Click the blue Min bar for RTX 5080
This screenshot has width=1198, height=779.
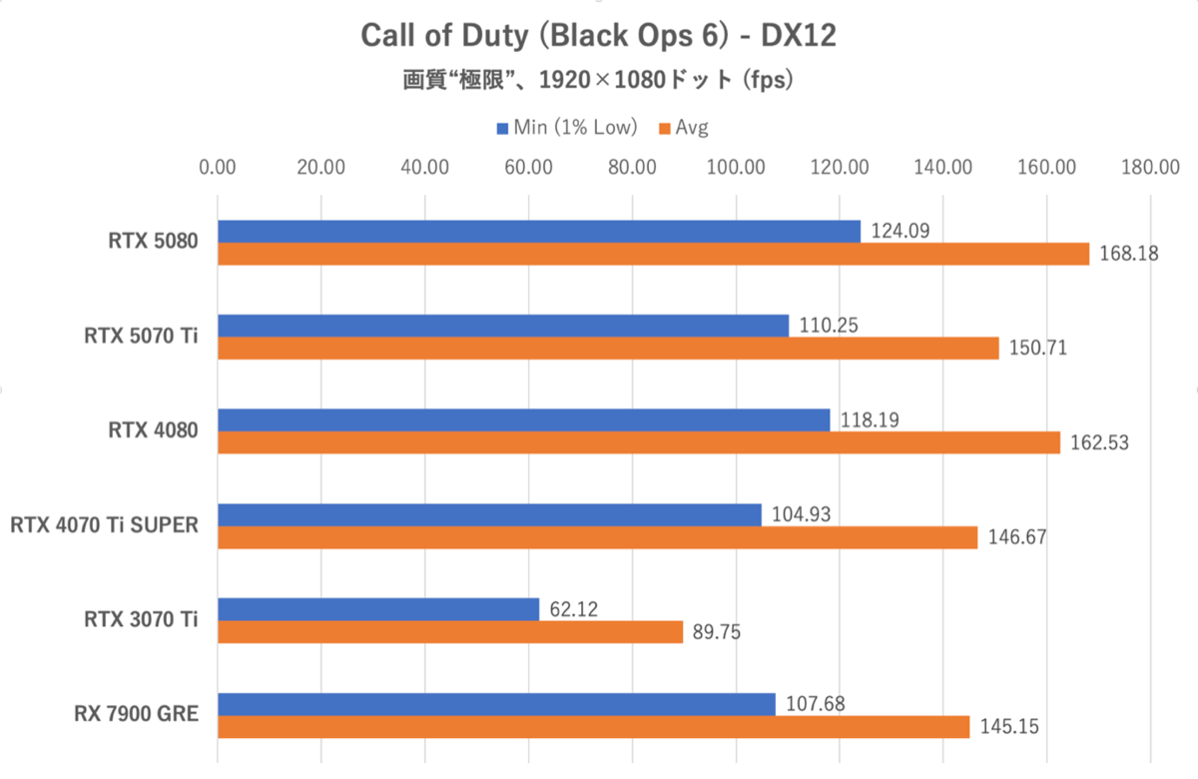pos(539,231)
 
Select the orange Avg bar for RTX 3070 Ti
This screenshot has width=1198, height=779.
pos(450,632)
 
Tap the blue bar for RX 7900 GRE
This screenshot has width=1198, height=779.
pos(496,704)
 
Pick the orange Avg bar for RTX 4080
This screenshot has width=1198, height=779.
pos(639,442)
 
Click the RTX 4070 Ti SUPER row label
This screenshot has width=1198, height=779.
pos(104,525)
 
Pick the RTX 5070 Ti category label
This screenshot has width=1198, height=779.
pos(141,337)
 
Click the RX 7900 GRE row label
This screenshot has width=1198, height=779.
pos(136,714)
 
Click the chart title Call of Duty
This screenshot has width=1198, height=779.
pos(598,36)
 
